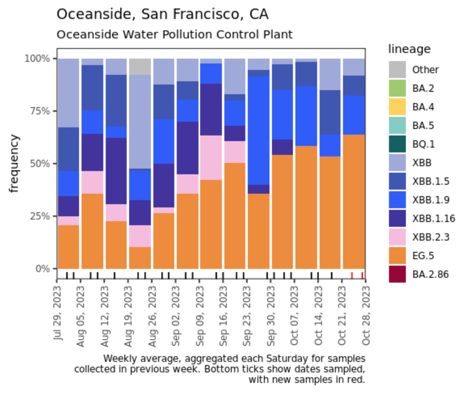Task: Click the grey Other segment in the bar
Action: point(140,66)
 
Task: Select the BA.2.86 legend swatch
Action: point(397,275)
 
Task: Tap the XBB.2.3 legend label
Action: point(431,237)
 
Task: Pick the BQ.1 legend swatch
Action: point(397,144)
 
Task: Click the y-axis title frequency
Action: point(15,164)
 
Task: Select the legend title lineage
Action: point(410,49)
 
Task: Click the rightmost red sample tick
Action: point(362,275)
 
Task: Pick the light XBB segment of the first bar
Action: point(68,93)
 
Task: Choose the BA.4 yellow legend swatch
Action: point(397,107)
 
